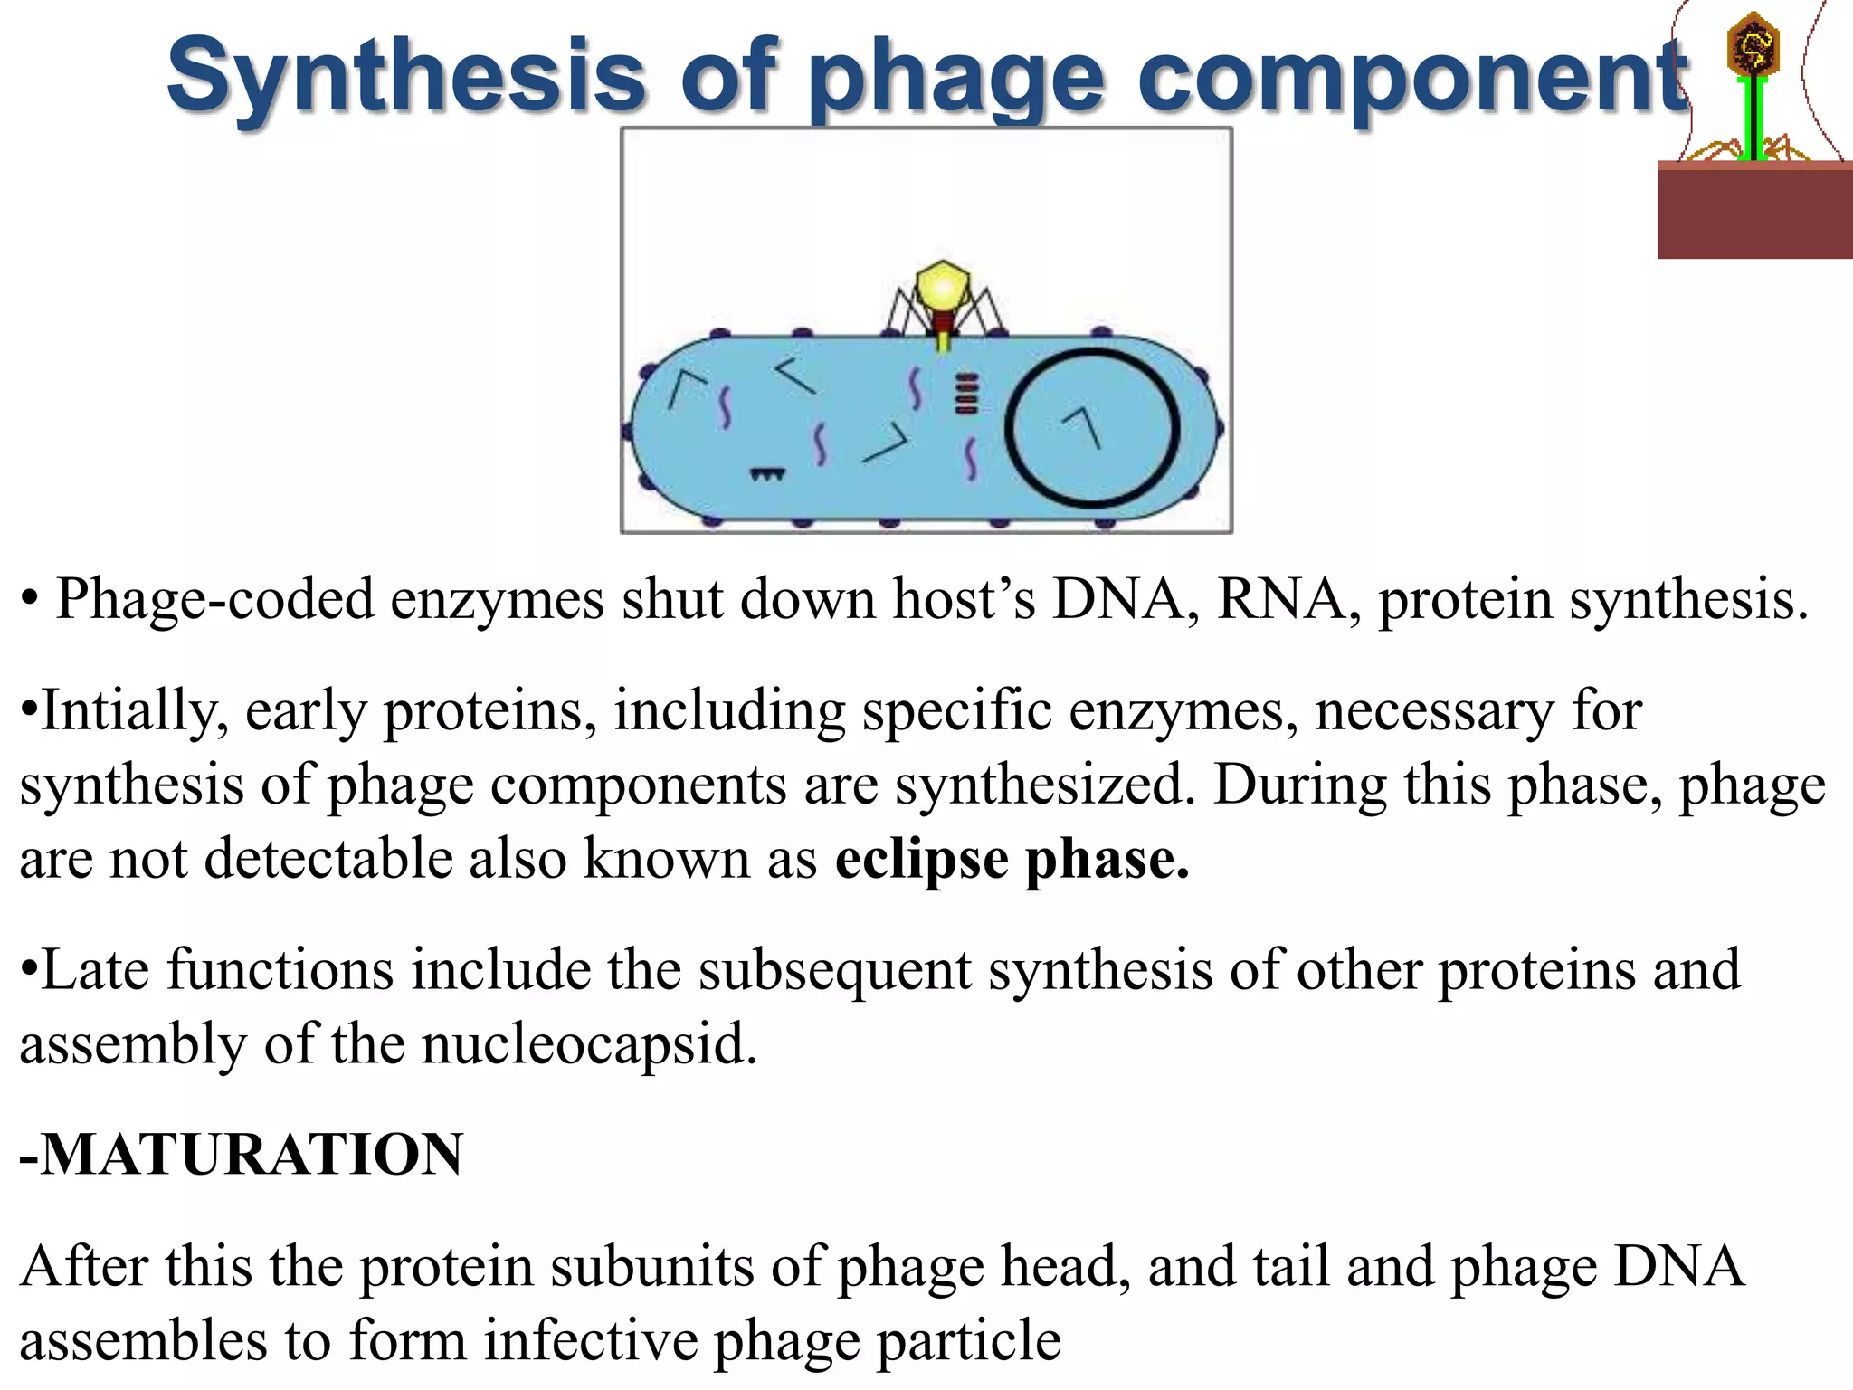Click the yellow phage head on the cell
(x=942, y=287)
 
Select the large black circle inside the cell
(x=1092, y=426)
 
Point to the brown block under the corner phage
(x=1754, y=212)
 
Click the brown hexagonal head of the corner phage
(x=1753, y=46)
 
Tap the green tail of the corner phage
(x=1754, y=118)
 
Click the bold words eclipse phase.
(x=1012, y=859)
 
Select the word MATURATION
(x=252, y=1155)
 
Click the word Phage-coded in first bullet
(x=215, y=599)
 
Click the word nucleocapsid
(x=588, y=1043)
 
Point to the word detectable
(x=328, y=858)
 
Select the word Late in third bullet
(x=96, y=970)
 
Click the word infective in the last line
(x=591, y=1340)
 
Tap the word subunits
(x=651, y=1266)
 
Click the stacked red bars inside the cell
(x=966, y=394)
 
